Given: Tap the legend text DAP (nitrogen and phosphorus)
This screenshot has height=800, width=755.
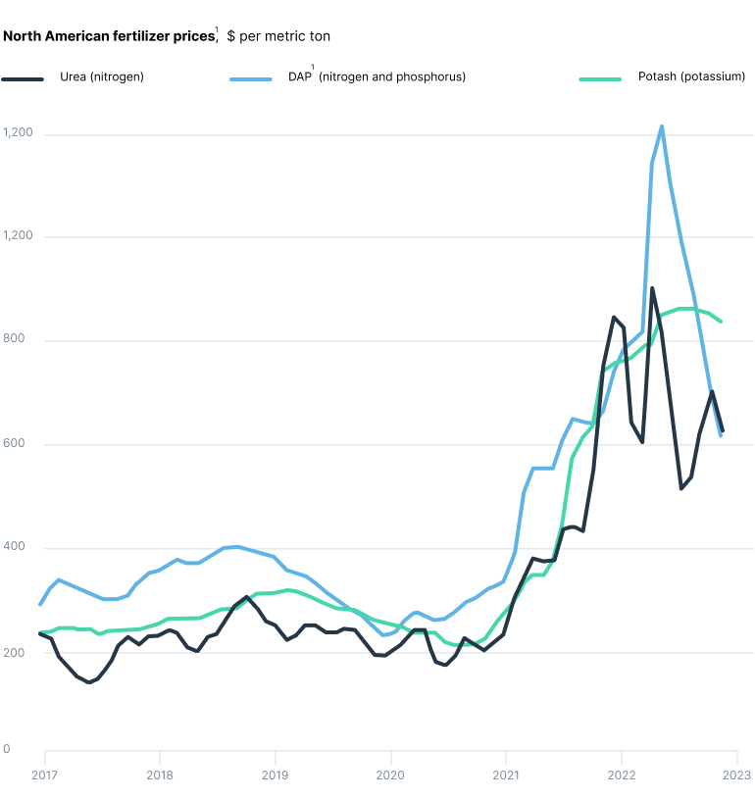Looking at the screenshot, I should (377, 76).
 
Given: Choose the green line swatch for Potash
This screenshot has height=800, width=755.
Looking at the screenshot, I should (601, 77).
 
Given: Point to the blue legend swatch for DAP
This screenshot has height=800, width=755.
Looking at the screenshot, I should (250, 77).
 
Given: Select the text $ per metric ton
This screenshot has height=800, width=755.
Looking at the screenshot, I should (278, 36).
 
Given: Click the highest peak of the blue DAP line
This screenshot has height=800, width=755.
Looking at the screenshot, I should (662, 126).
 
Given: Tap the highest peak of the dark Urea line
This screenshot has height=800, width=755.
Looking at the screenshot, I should (652, 288).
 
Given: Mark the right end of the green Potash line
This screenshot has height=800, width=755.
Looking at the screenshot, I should (722, 322).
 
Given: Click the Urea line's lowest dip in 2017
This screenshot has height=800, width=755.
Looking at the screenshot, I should (89, 682).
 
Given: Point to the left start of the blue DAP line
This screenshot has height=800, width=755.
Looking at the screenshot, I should (40, 604).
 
